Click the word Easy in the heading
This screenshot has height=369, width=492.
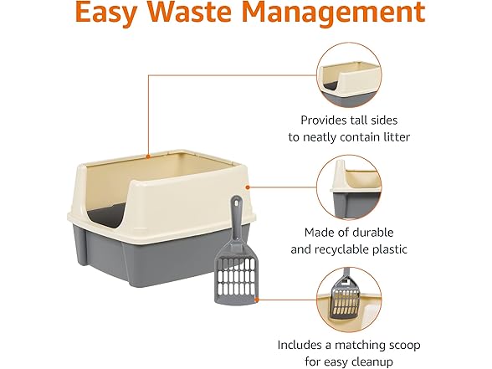[x=109, y=14]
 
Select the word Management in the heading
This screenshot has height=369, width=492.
[x=338, y=14]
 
